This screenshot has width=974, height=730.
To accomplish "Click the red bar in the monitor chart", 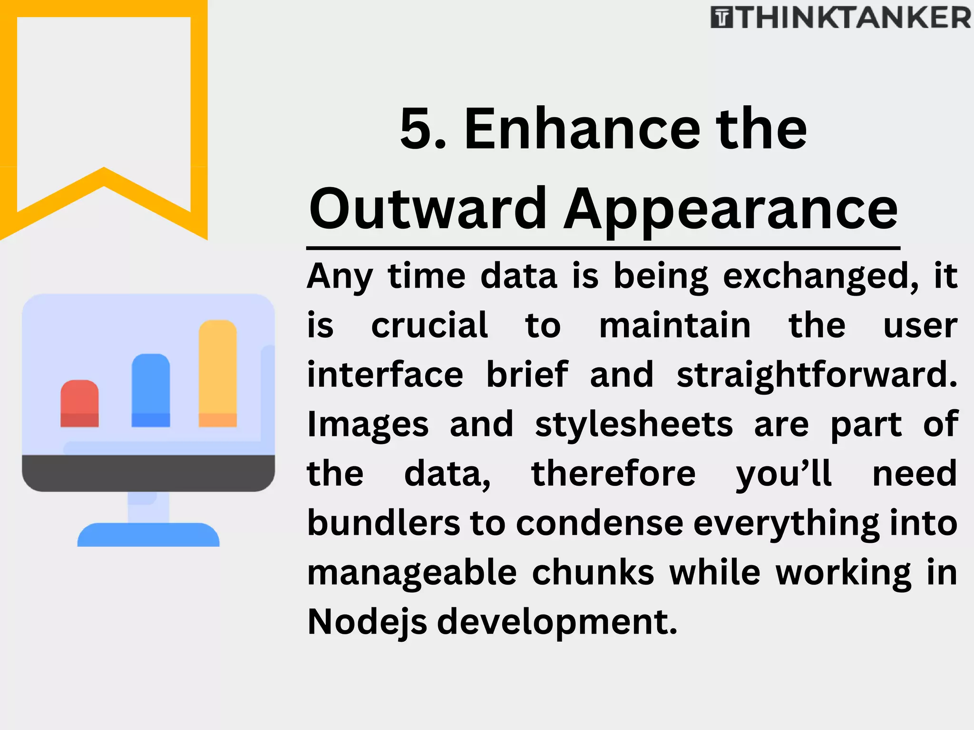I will [x=79, y=403].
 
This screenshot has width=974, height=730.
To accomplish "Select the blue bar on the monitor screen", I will [x=151, y=390].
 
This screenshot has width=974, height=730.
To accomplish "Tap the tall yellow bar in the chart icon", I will [x=217, y=374].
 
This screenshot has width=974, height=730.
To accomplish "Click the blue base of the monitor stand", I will [x=148, y=535].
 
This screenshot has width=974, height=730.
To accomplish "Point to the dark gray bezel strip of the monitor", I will [x=148, y=473].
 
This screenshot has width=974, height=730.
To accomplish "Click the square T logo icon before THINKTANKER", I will [x=722, y=18].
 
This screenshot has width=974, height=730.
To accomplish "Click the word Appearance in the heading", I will [x=731, y=209].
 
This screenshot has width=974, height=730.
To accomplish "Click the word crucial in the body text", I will [x=429, y=326].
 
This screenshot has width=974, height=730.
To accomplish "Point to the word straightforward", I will [x=817, y=375].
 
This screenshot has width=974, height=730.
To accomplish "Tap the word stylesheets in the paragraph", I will [x=634, y=424].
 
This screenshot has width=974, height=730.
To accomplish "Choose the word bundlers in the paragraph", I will [x=383, y=523].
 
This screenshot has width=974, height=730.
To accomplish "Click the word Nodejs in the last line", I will [x=367, y=622].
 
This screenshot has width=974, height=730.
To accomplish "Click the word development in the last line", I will [x=556, y=622].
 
